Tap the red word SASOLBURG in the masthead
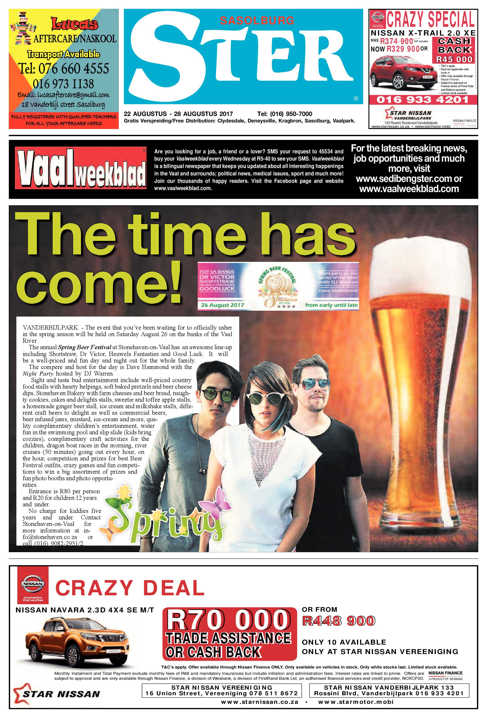pos(257,21)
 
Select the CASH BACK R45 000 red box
pos(454,50)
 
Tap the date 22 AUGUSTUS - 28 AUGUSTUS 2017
pos(178,114)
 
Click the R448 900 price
pos(339,621)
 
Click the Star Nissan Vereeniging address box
pos(222,699)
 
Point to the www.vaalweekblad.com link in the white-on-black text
pos(409,189)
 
